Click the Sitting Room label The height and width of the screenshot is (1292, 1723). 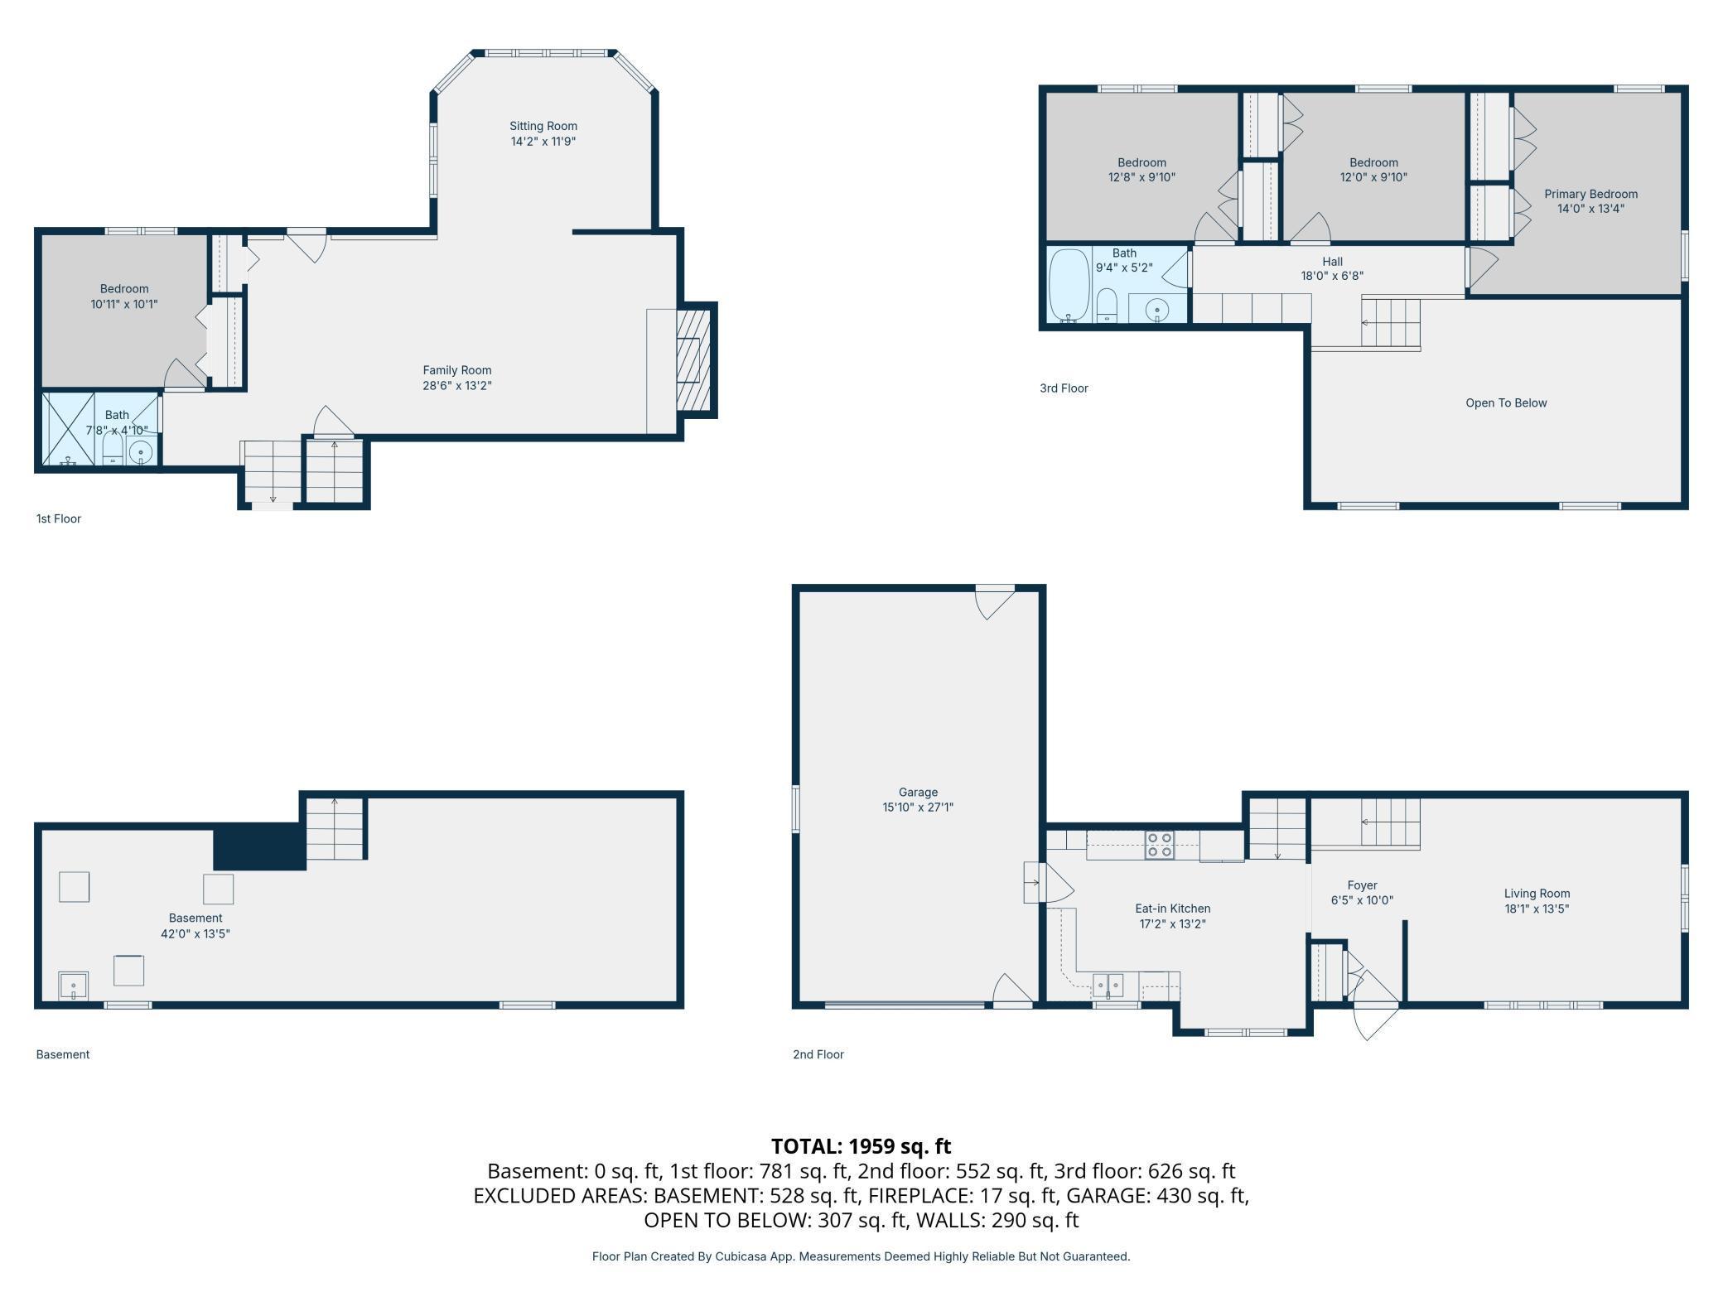(543, 126)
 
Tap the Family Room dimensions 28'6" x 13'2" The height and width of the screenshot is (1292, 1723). (457, 385)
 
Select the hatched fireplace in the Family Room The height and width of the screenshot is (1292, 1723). (693, 360)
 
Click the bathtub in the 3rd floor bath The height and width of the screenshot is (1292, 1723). (1069, 285)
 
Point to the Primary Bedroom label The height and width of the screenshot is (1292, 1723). (1590, 194)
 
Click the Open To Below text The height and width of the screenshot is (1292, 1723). (1506, 403)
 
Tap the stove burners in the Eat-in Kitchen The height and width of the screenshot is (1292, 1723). (1159, 845)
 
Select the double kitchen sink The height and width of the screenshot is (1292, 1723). (1108, 985)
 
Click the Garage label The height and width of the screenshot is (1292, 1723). (918, 792)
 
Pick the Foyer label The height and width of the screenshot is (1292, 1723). (1362, 885)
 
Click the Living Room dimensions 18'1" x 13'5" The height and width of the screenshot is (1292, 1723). (1537, 909)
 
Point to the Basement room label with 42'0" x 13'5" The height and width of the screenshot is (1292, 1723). (195, 918)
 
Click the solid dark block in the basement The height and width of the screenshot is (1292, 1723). (259, 847)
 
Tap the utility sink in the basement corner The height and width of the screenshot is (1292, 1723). (73, 986)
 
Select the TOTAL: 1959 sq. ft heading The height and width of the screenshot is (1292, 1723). (861, 1146)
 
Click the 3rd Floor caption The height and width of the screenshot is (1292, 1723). (1064, 388)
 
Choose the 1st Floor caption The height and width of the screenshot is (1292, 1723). (58, 518)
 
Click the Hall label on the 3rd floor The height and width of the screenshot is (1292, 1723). (1332, 262)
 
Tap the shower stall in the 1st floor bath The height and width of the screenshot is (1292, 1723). (69, 429)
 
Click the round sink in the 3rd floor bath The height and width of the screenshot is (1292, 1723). (1157, 310)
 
